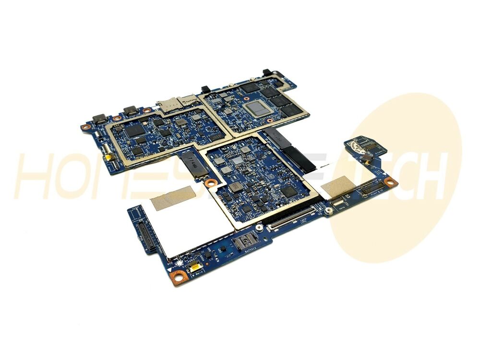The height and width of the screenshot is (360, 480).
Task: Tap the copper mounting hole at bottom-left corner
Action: tap(178, 276)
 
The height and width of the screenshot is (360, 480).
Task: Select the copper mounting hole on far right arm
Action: tap(390, 181)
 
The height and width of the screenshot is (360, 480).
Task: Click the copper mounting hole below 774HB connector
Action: tap(210, 182)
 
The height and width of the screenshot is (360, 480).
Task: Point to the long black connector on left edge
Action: tap(144, 233)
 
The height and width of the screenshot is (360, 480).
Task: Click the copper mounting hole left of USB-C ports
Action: tap(86, 128)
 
